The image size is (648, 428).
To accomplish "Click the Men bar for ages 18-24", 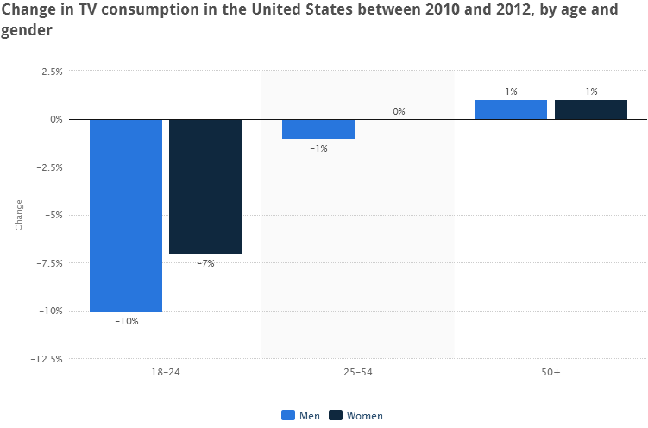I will point(126,215).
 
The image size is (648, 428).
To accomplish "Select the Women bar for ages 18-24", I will point(205,186).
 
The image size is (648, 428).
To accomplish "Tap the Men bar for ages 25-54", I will point(318,129).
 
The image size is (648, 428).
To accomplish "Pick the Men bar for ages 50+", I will point(511,110).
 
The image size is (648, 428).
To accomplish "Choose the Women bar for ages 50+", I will point(591,110).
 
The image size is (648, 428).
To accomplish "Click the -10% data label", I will point(126,321).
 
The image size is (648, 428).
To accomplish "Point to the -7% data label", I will point(205,263).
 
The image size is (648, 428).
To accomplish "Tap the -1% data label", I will point(318,148).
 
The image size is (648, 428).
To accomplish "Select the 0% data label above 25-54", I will point(399,111).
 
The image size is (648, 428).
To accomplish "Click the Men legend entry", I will point(301,415).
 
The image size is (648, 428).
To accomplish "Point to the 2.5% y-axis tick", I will point(51,72).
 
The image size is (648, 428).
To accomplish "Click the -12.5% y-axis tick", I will point(47,359).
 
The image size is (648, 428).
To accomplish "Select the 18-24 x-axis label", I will point(165,372).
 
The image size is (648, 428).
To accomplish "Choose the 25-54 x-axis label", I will point(358,372).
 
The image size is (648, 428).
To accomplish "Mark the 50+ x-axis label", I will point(550,372).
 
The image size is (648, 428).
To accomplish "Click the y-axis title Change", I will point(19,215).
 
